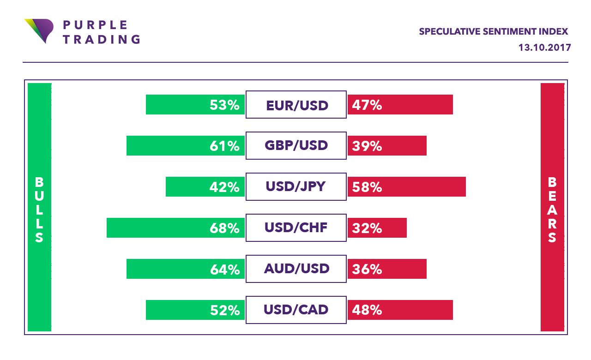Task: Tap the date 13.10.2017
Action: (545, 48)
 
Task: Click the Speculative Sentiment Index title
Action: (493, 32)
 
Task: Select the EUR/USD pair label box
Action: (296, 105)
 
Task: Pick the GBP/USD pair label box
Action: (296, 146)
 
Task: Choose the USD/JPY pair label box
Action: (296, 187)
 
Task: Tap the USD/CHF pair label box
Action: (296, 228)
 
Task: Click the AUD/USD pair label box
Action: (296, 269)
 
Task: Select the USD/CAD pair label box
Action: (296, 310)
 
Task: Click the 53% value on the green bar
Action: (224, 105)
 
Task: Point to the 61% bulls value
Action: (224, 146)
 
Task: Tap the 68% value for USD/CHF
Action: (224, 228)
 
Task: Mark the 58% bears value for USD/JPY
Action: (367, 187)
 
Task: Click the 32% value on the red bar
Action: (367, 228)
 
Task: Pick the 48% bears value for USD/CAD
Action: (367, 310)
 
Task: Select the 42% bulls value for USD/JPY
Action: (224, 187)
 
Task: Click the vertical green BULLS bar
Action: (39, 207)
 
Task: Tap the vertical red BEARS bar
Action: (552, 207)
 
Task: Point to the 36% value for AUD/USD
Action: (367, 269)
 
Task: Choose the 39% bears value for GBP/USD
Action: (367, 146)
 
